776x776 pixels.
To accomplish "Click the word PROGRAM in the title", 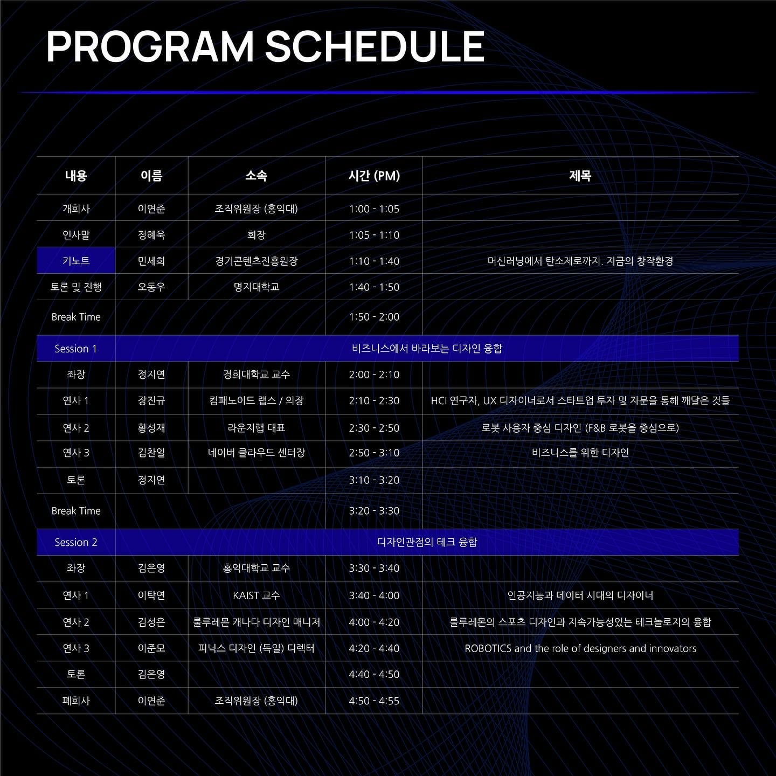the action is [x=150, y=47].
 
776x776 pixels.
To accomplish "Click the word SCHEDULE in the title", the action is [x=375, y=47].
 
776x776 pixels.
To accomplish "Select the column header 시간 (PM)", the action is [x=374, y=176].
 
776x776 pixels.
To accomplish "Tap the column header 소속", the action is [x=256, y=176].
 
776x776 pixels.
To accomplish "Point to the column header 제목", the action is [x=580, y=176].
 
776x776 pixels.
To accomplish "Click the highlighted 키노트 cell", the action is [x=76, y=260].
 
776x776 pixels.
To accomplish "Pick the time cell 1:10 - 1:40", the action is [x=374, y=261].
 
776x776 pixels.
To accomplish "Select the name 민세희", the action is [x=151, y=261].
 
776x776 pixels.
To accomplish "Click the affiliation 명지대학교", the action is [x=256, y=287].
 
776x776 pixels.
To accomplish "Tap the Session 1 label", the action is [x=75, y=349].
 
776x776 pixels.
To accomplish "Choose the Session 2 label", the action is [x=75, y=543].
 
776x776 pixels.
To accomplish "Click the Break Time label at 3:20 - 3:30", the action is [x=75, y=511].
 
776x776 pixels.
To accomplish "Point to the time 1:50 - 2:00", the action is [x=374, y=317].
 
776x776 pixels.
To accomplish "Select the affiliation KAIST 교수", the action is [x=256, y=595].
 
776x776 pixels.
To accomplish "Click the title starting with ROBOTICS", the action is [x=580, y=648].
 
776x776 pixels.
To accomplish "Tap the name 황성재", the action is [x=151, y=428].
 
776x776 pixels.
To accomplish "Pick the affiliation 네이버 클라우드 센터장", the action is [x=256, y=453].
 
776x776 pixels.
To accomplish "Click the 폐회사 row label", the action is [x=75, y=701].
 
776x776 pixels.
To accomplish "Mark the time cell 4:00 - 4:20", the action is [x=374, y=622].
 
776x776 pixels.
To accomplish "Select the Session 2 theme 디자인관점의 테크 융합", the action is [x=427, y=542].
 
